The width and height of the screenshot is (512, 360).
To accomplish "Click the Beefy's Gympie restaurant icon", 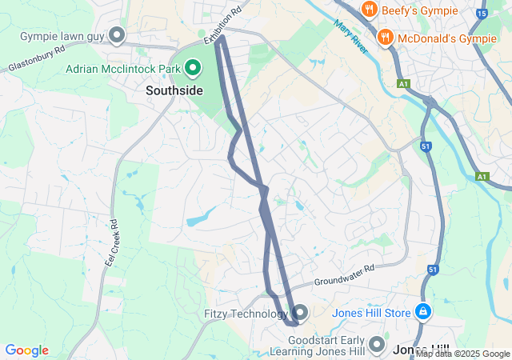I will [369, 10].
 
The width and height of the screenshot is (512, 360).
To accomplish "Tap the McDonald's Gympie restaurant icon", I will [384, 36].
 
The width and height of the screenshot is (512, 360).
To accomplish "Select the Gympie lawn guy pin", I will [118, 34].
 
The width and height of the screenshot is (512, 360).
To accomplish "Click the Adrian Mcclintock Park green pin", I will [193, 70].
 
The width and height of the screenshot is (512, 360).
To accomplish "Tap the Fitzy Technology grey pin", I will [300, 312].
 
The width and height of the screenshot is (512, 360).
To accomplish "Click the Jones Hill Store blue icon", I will [423, 312].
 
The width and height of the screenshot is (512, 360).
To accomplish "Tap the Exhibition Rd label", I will [222, 27].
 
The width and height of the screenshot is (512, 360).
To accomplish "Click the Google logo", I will [26, 350].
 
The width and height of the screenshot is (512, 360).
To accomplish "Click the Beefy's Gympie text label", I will [420, 10].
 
